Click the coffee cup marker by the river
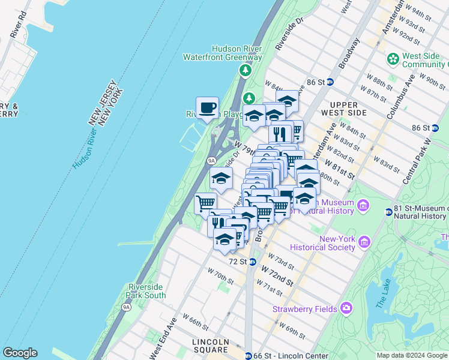[x=207, y=108]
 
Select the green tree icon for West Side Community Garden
[x=393, y=59]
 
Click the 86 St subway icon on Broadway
[x=330, y=82]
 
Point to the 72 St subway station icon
[x=253, y=262]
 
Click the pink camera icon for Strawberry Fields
[x=346, y=308]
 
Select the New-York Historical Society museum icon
[x=364, y=242]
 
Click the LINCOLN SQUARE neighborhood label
[x=211, y=346]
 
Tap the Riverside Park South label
[x=146, y=291]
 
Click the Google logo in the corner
[x=20, y=353]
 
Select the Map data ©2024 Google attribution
[x=411, y=355]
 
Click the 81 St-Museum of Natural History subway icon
[x=388, y=212]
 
